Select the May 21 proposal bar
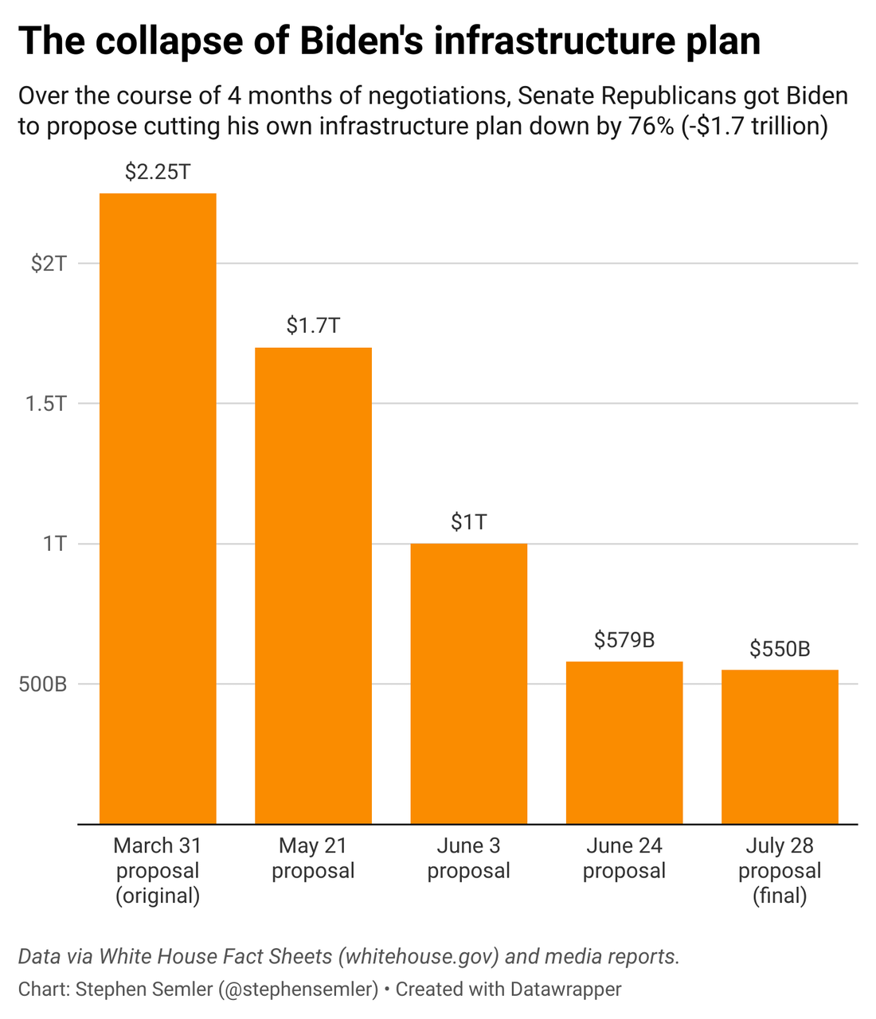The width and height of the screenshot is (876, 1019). coord(313,585)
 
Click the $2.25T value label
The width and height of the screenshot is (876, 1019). coord(158,172)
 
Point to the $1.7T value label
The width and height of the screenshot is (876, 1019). coord(313,326)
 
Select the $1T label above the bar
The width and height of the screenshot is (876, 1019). coord(468,522)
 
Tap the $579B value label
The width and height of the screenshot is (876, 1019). coord(624,640)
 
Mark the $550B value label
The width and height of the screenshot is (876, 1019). coord(780,650)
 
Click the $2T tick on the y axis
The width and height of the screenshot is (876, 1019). coord(49,264)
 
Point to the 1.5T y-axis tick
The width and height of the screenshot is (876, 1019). coord(45,404)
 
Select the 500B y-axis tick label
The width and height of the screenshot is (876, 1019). coord(43,684)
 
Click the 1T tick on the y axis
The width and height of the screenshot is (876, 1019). coord(54,544)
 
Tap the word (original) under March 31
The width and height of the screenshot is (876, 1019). coord(158,896)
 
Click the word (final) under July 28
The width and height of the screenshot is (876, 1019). coord(780,896)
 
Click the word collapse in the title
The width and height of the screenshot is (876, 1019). coord(170,41)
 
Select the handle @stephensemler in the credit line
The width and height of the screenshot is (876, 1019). coord(299,990)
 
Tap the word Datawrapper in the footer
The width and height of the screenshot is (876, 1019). coord(565,990)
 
